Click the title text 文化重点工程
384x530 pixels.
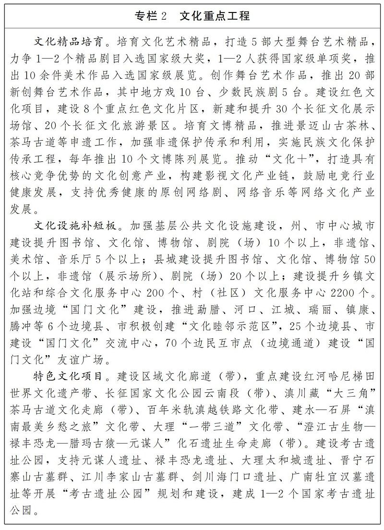click(x=215, y=16)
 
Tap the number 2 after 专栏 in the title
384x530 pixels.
click(x=163, y=16)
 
